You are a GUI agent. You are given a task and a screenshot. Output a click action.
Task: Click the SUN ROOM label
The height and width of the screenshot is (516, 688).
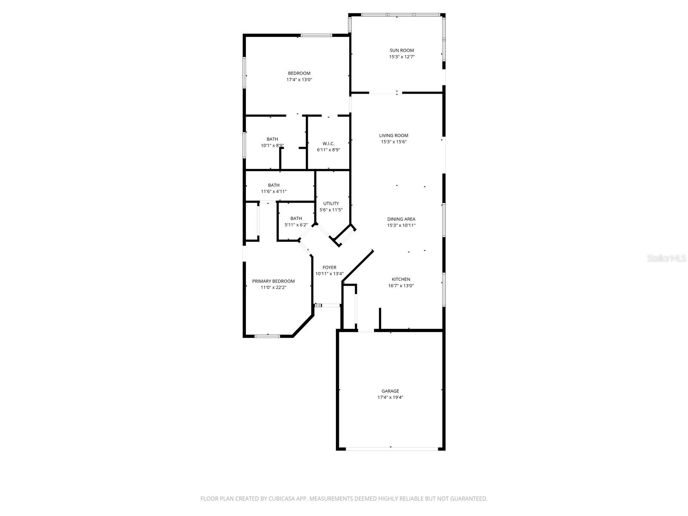pos(402,50)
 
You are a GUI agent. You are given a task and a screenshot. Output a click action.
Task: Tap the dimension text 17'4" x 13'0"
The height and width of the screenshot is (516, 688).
pos(299,80)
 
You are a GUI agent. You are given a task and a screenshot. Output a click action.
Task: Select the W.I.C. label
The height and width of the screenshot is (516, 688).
pos(329,144)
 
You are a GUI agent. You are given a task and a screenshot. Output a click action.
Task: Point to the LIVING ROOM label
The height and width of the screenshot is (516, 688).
pos(393,135)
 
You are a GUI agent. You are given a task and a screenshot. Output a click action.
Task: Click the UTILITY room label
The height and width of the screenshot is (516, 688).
pos(331,203)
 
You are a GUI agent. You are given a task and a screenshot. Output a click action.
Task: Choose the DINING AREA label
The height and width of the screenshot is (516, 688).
pos(401,219)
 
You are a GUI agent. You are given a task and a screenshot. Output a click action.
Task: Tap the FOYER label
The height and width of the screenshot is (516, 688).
pos(329,267)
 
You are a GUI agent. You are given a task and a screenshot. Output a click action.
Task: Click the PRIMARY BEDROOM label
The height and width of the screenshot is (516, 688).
pos(273,281)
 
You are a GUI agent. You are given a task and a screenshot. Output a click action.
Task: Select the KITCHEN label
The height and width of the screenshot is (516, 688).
pos(401,279)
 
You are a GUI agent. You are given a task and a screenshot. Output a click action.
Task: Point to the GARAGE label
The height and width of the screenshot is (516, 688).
pos(390,391)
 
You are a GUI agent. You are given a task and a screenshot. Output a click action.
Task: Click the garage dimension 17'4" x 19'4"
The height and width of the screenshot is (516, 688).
pos(390,397)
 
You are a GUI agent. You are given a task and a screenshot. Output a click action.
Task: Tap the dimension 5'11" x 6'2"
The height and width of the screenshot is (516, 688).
pos(296,225)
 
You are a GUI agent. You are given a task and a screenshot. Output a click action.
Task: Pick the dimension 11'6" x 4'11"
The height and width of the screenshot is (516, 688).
pos(273,192)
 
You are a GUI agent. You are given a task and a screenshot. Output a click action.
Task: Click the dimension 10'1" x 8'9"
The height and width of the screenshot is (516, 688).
pos(272,145)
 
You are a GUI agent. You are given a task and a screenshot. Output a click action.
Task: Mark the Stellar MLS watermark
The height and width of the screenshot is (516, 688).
pos(666,258)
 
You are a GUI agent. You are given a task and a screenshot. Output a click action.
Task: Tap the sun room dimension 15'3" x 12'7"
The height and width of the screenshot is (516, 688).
pos(402,57)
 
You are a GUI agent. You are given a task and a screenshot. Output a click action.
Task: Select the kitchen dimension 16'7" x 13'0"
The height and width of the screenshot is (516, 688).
pos(401,286)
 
